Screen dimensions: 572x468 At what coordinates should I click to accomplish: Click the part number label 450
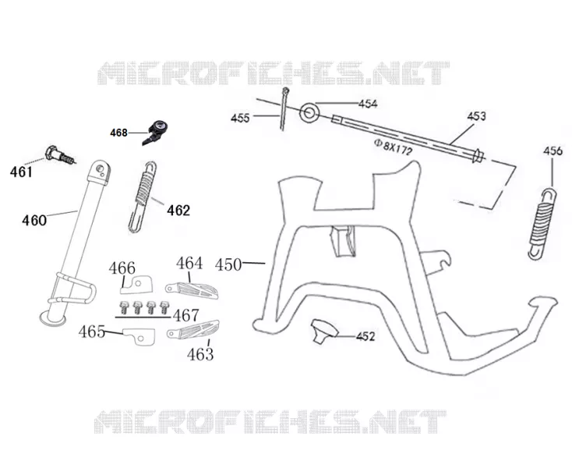(x=228, y=264)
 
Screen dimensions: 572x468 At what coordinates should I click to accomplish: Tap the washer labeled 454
(x=309, y=113)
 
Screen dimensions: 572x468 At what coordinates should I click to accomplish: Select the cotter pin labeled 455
(x=284, y=108)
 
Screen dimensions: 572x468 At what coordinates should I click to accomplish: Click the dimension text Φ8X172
(x=393, y=147)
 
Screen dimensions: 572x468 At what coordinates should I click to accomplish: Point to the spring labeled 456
(x=542, y=223)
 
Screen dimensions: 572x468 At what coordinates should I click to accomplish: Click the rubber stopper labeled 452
(x=324, y=331)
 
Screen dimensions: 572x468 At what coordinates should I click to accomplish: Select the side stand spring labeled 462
(x=143, y=197)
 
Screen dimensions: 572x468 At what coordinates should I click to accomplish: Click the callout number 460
(x=34, y=220)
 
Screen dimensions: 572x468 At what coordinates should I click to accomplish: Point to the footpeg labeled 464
(x=192, y=290)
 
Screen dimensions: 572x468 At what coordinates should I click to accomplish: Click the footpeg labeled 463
(x=193, y=329)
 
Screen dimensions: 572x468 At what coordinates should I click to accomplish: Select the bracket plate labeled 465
(x=139, y=336)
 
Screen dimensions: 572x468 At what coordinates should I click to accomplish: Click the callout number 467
(x=185, y=315)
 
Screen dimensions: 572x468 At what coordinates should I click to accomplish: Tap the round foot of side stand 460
(x=53, y=319)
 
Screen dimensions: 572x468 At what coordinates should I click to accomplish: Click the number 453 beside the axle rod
(x=476, y=116)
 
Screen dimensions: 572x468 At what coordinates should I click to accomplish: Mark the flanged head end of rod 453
(x=478, y=157)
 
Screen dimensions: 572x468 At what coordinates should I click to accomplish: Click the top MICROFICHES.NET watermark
(x=274, y=73)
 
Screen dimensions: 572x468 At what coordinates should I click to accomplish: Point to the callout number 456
(x=553, y=151)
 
